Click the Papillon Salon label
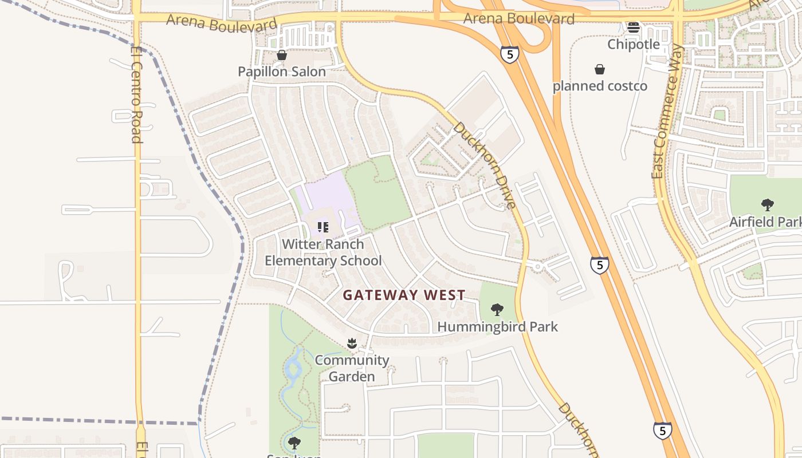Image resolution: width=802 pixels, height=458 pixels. pyautogui.click(x=282, y=72)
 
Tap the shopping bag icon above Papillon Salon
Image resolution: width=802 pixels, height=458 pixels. pyautogui.click(x=281, y=55)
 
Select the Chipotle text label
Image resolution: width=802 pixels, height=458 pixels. pyautogui.click(x=634, y=44)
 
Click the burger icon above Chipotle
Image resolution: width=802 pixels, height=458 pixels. pyautogui.click(x=633, y=27)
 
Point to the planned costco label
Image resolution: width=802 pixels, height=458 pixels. pyautogui.click(x=600, y=86)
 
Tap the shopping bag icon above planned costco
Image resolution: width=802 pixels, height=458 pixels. pyautogui.click(x=599, y=69)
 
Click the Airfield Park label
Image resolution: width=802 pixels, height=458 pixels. pyautogui.click(x=765, y=222)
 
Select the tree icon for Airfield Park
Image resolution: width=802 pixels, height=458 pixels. pyautogui.click(x=767, y=205)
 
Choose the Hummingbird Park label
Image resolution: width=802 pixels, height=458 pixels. pyautogui.click(x=497, y=326)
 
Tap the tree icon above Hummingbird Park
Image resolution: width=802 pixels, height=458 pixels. pyautogui.click(x=497, y=310)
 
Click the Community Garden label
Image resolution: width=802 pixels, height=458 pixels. pyautogui.click(x=352, y=368)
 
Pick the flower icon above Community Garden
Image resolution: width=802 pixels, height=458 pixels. pyautogui.click(x=352, y=343)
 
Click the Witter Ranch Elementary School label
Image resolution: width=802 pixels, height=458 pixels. pyautogui.click(x=323, y=252)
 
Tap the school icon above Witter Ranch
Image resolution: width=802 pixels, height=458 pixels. pyautogui.click(x=323, y=227)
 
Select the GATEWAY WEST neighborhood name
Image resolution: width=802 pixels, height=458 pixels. pyautogui.click(x=404, y=295)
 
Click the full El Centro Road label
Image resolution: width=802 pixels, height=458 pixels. pyautogui.click(x=136, y=94)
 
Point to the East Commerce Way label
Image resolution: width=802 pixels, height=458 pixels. pyautogui.click(x=666, y=112)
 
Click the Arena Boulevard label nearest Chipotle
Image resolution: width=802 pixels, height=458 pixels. pyautogui.click(x=518, y=19)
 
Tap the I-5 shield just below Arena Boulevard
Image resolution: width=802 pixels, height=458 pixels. pyautogui.click(x=509, y=54)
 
